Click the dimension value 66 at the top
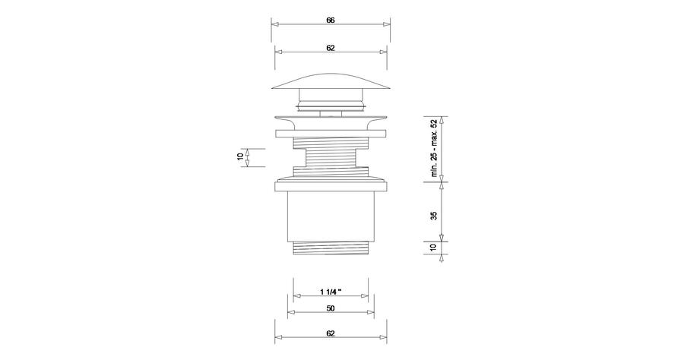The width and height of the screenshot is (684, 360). (x=331, y=21)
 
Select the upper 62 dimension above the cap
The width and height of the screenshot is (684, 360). (x=331, y=48)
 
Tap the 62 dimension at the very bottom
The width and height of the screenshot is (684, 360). (x=331, y=333)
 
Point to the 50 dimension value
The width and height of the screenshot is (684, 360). (x=331, y=308)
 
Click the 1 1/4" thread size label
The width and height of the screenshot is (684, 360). (x=331, y=292)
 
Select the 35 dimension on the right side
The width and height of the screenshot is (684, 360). (x=434, y=215)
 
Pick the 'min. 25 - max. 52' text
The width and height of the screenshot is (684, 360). (x=434, y=148)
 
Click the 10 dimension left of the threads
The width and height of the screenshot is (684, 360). (x=239, y=157)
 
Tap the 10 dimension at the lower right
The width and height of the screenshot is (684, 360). (x=434, y=248)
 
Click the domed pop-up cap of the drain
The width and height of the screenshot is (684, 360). (x=331, y=82)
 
